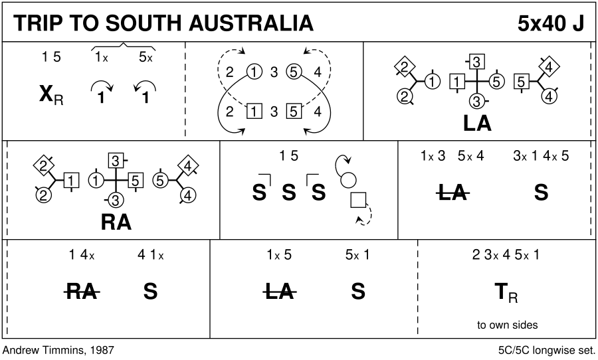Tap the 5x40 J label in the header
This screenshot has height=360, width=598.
coord(551,23)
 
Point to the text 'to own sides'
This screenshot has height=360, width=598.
coord(507,325)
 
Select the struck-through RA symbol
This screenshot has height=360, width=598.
coord(82,291)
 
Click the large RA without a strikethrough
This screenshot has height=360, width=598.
coord(116,223)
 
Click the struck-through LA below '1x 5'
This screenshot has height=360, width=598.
coord(279,291)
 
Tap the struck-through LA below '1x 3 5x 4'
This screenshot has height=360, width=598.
coord(452,193)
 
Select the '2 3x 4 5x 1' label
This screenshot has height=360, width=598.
coord(506,254)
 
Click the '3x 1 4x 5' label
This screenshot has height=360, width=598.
coord(541,157)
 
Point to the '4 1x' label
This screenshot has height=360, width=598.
coord(150,254)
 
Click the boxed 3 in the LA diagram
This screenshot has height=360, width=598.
coord(476,62)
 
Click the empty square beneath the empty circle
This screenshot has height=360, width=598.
coord(358,199)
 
